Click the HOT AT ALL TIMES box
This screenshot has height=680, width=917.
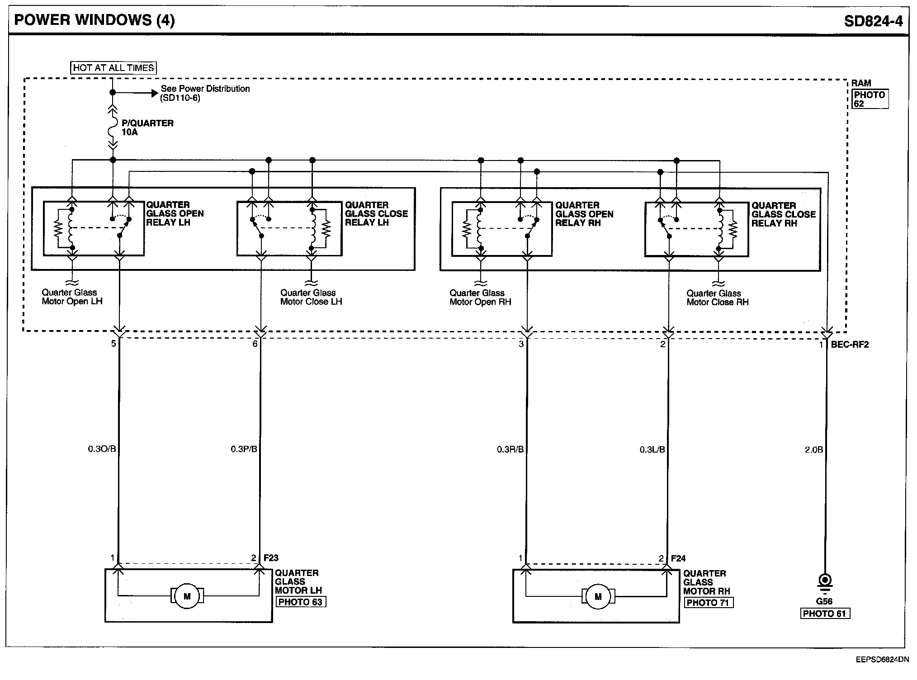113,68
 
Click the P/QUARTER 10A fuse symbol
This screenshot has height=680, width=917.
113,127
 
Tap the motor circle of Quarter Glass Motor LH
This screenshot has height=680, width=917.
187,596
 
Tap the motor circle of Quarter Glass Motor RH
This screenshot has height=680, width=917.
598,596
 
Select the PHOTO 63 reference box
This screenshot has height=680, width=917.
300,602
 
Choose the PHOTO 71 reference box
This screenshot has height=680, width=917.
708,603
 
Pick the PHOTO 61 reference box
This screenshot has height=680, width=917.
825,614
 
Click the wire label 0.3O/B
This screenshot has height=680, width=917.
102,449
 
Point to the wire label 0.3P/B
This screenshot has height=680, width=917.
244,449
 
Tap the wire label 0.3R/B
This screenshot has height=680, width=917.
510,449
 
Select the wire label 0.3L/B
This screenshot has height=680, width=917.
652,449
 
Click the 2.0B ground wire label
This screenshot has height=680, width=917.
813,450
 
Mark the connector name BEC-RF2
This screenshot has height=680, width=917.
850,345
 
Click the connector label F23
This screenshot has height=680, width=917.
271,558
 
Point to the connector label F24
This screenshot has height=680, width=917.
678,558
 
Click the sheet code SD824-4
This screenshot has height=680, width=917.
873,21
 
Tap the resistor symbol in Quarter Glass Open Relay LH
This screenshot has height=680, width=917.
58,228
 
